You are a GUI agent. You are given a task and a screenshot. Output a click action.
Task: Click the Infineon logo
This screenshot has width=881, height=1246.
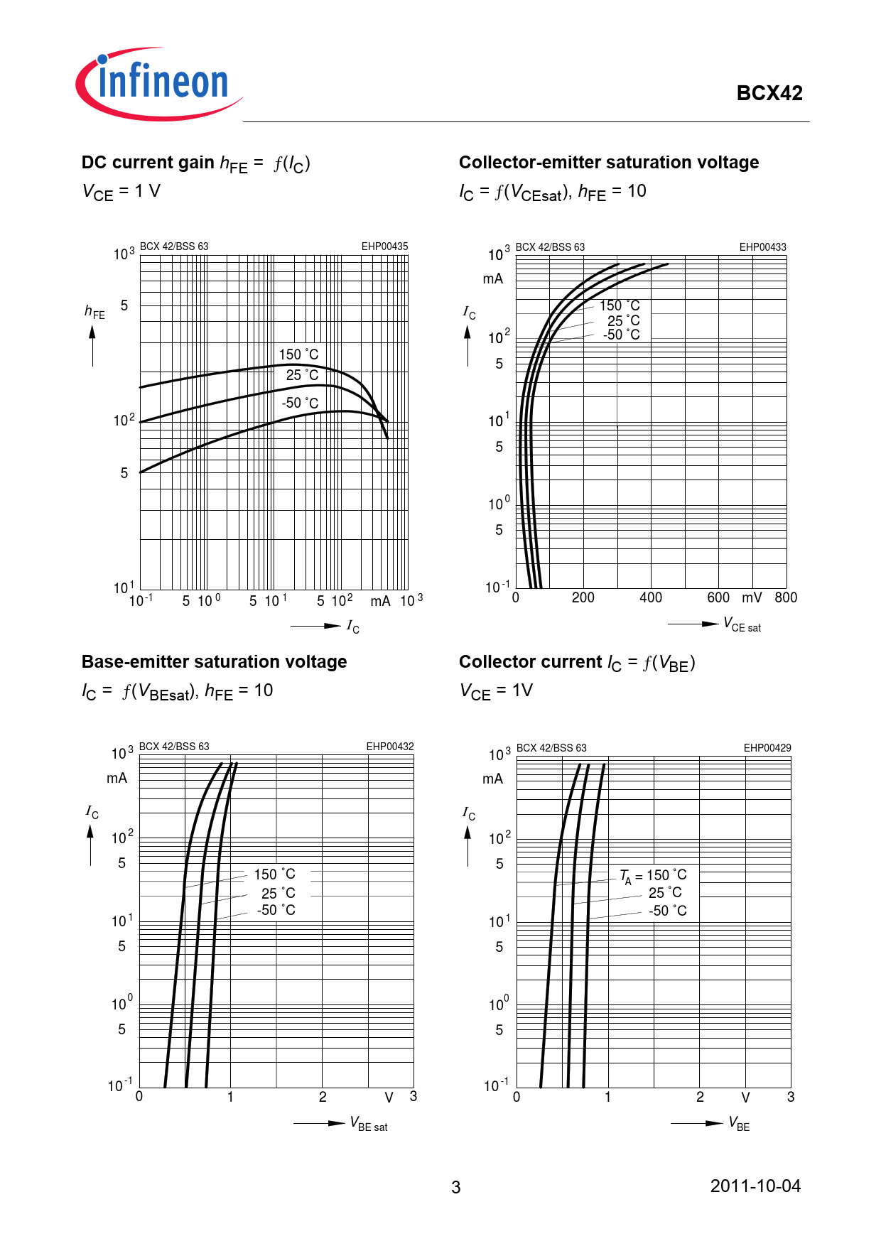(160, 84)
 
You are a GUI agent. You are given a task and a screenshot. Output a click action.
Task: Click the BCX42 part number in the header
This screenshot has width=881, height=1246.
(769, 93)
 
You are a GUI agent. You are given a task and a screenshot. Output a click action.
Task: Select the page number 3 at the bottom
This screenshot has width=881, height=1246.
(455, 1187)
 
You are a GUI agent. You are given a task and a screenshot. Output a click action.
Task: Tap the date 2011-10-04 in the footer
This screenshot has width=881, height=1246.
(755, 1186)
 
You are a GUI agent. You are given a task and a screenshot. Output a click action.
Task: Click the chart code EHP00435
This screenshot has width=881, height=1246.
(384, 247)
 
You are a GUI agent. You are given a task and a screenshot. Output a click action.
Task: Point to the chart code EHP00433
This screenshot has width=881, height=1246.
(762, 247)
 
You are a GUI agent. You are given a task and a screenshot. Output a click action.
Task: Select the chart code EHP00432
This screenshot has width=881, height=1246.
(389, 747)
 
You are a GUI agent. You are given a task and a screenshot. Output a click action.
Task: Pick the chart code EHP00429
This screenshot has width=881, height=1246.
(767, 748)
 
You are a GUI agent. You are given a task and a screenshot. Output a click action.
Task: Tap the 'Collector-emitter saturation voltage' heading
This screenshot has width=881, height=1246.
(608, 163)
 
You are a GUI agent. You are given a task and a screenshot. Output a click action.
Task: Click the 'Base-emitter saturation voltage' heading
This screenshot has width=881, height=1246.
(214, 662)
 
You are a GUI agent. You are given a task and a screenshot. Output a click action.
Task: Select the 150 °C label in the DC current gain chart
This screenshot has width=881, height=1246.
(298, 354)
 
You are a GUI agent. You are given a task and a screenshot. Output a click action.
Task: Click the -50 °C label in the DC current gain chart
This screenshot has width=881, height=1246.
(300, 403)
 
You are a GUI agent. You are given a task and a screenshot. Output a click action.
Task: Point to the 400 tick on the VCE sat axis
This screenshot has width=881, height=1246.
(651, 598)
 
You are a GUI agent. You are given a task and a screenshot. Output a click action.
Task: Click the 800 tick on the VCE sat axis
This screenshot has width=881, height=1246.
(786, 598)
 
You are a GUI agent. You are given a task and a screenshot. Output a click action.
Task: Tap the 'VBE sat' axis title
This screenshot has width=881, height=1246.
(369, 1124)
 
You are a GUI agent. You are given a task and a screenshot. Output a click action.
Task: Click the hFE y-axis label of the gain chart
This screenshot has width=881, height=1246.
(94, 311)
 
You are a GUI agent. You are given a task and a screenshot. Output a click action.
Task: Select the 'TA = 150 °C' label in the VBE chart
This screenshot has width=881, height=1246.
(653, 876)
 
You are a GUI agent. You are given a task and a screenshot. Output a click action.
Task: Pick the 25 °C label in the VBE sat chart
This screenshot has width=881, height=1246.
(278, 893)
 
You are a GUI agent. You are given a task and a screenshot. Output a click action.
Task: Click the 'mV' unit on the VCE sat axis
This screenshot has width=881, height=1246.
(752, 598)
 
